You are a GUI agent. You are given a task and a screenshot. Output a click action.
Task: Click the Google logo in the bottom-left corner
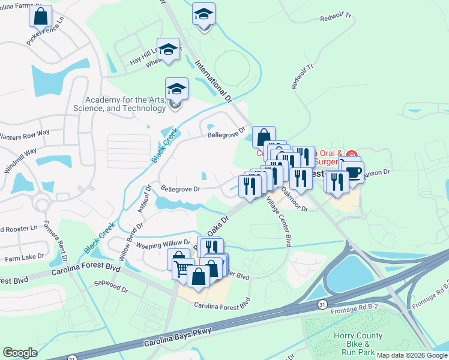[20, 353]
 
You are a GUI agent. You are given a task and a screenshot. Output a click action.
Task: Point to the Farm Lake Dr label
[25, 256]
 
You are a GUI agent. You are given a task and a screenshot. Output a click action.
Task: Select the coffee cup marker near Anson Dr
[352, 172]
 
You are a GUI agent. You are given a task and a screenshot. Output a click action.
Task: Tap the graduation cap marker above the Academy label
[176, 90]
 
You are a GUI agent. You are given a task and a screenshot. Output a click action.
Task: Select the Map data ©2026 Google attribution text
[411, 355]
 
